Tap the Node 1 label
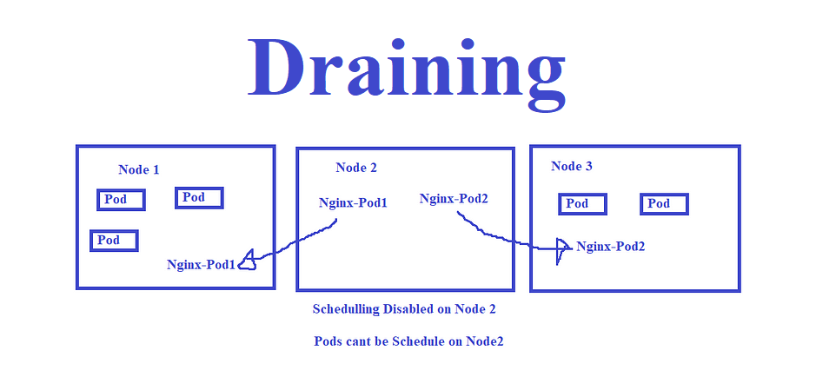click(138, 169)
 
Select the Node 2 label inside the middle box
click(356, 168)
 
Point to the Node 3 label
click(572, 166)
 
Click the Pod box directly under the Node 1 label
click(121, 200)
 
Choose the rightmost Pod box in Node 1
click(199, 198)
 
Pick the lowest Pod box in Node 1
click(114, 240)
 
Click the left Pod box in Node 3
click(582, 204)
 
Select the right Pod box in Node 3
click(664, 204)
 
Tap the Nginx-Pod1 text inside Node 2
click(353, 203)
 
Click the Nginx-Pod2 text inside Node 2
click(454, 199)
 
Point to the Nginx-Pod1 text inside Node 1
click(201, 265)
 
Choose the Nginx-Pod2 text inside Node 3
click(610, 247)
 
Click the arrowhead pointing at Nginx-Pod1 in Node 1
click(248, 260)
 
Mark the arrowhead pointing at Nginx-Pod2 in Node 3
click(562, 248)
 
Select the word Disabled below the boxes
click(408, 309)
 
